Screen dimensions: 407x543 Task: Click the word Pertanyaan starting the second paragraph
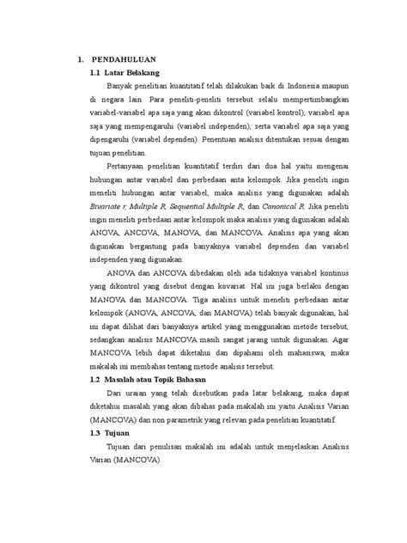(131, 163)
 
